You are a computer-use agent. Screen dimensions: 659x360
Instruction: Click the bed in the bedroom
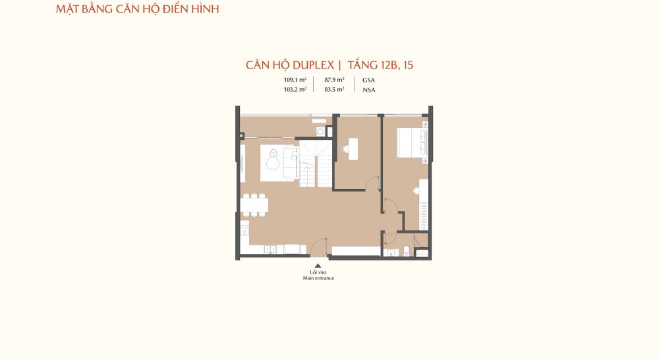413,142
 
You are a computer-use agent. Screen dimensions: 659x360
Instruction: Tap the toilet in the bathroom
407,251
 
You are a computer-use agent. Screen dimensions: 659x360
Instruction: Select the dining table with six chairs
254,205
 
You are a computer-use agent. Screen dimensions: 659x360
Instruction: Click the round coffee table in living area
273,163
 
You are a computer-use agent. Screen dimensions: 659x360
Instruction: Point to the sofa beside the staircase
291,162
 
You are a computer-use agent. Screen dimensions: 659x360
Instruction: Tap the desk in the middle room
353,149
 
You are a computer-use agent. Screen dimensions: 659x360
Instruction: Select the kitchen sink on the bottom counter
270,249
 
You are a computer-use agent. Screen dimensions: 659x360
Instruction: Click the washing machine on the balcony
320,132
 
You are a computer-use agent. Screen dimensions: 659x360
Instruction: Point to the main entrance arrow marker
318,265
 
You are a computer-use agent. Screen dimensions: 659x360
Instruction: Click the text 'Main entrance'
318,278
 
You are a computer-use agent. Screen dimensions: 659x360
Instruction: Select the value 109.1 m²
295,80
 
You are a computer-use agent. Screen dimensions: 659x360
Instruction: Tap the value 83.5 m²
335,89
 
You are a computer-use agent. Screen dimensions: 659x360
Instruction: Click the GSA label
368,80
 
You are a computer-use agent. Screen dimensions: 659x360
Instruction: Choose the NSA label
369,90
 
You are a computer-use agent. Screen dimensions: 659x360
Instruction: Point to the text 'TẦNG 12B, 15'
381,65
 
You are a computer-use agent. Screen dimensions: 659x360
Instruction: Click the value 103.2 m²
295,89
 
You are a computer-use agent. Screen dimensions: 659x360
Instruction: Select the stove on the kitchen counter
244,231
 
